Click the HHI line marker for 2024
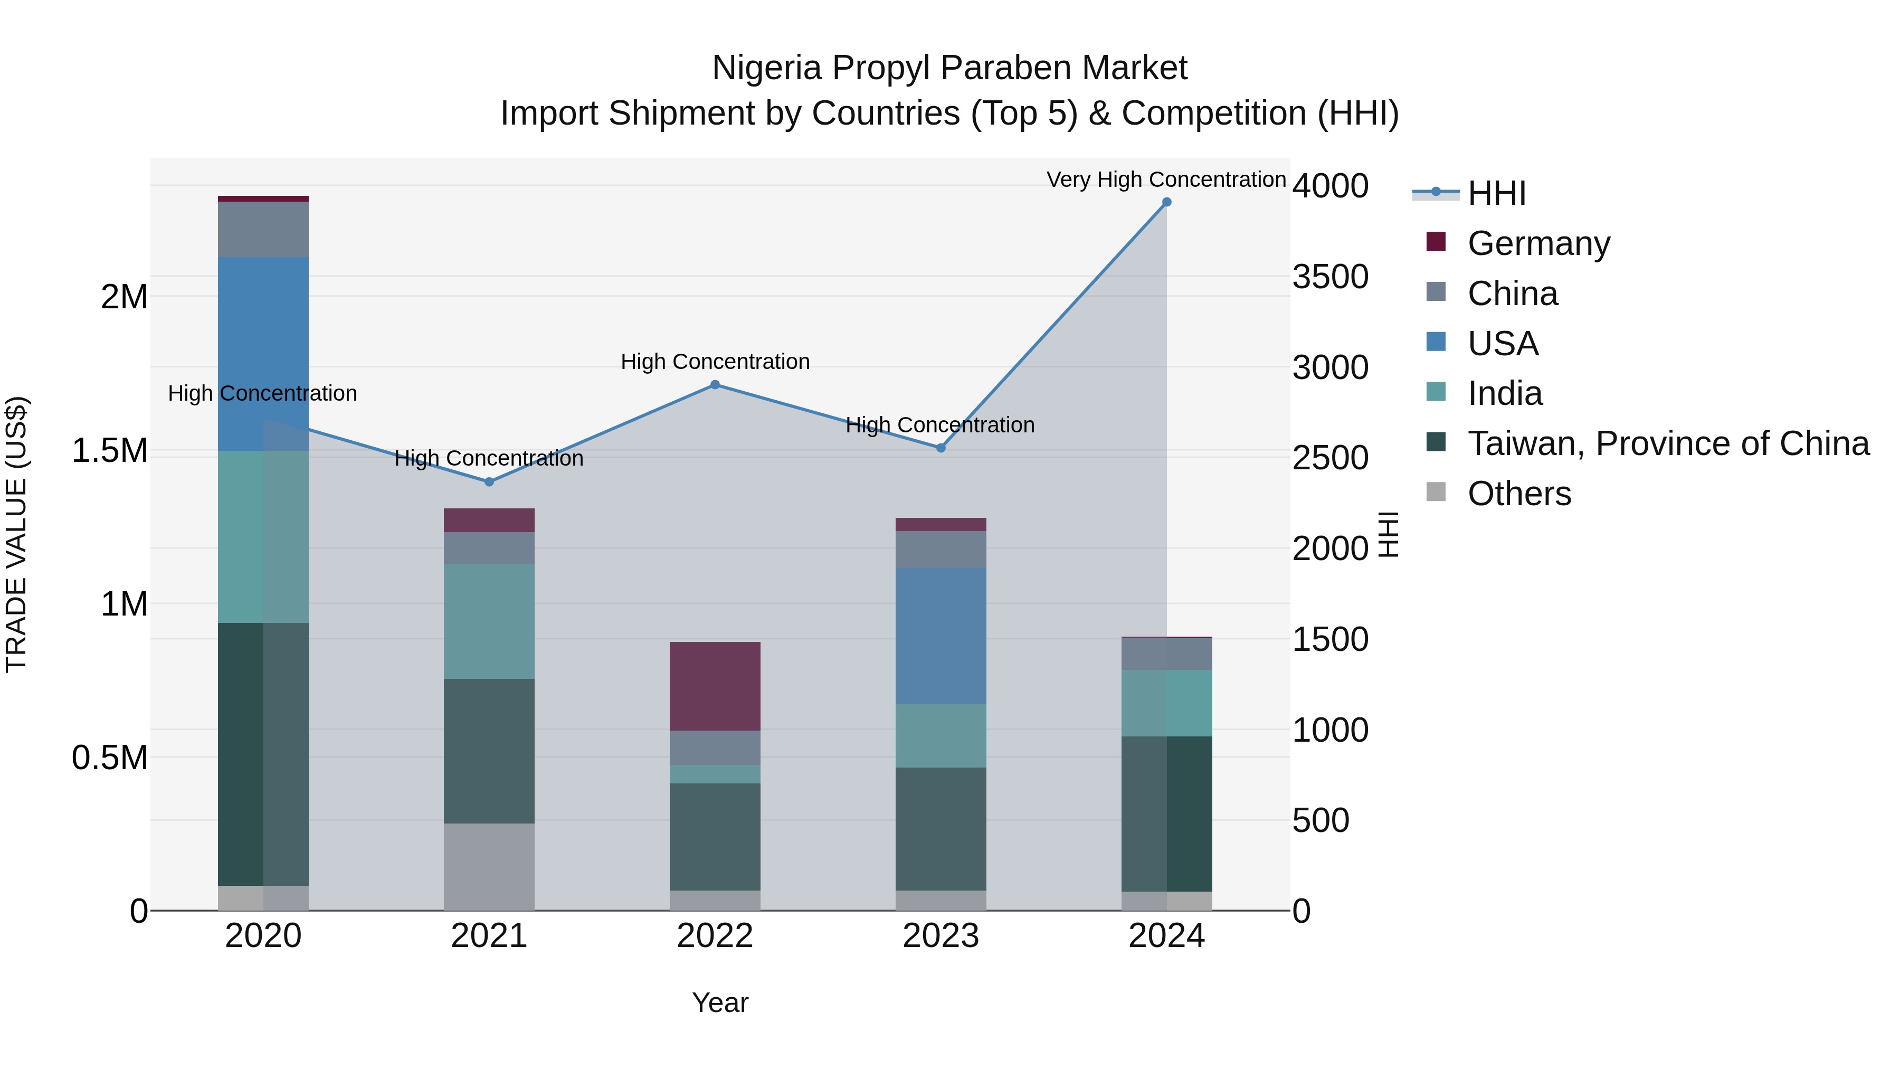tap(1166, 202)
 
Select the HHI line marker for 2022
tap(715, 384)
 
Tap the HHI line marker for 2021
tap(489, 482)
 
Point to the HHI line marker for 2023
tap(940, 448)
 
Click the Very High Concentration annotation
tap(1165, 179)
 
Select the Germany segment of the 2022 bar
tap(715, 686)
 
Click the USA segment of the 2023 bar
tap(940, 636)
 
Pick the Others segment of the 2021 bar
tap(489, 866)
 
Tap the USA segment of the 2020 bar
tap(263, 354)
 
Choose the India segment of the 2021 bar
tap(489, 621)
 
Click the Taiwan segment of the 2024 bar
tap(1166, 813)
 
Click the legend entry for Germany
tap(1538, 243)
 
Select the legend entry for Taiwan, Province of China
tap(1668, 443)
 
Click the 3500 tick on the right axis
tap(1330, 277)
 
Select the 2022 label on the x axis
tap(715, 936)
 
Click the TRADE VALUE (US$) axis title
tap(16, 534)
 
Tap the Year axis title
tap(720, 1002)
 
